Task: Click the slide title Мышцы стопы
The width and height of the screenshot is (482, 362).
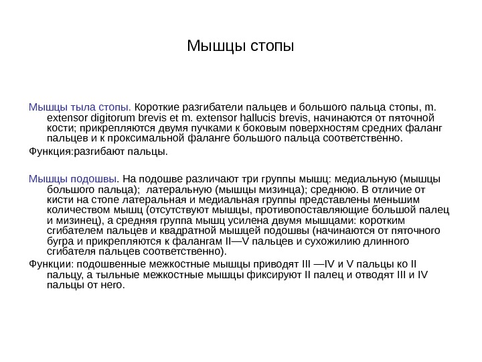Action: (240, 48)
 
